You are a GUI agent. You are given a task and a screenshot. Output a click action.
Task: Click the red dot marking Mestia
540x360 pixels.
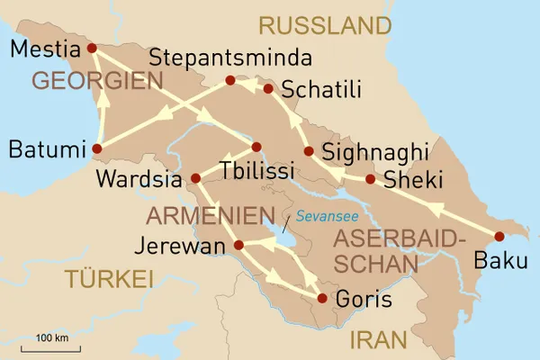92,48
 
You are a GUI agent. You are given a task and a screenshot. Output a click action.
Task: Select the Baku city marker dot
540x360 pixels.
499,237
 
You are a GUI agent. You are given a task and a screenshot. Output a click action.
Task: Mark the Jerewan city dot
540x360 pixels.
238,245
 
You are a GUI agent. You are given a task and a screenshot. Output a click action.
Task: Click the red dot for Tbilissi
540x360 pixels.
256,147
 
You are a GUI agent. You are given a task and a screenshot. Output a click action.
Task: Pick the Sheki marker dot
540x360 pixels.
370,179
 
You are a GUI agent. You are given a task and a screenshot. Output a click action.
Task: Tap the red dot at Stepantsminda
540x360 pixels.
230,80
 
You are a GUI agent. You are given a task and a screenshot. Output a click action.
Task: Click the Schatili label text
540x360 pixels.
321,89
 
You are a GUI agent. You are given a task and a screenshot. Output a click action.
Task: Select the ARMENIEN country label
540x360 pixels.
210,216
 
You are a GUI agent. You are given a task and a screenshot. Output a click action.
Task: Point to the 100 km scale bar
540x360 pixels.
52,347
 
